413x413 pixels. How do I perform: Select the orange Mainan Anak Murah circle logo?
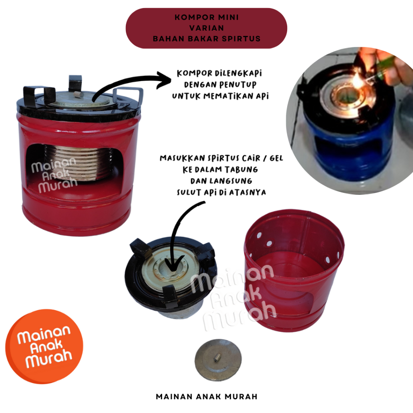tap(44, 346)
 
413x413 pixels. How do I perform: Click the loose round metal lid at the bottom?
tap(218, 360)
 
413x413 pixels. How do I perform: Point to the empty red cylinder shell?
tap(294, 270)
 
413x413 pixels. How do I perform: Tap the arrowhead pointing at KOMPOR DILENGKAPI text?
tap(164, 80)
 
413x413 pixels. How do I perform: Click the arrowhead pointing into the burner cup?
tap(173, 264)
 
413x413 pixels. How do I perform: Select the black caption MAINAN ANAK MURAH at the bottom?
tap(207, 397)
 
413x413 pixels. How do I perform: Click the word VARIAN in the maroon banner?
tap(207, 28)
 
